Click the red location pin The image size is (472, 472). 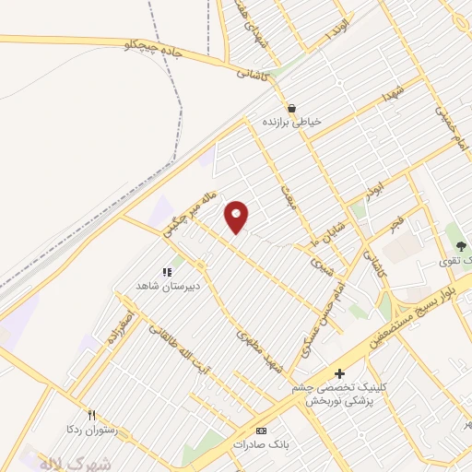[237, 217]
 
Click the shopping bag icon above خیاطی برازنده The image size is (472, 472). [291, 107]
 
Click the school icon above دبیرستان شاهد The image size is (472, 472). [168, 272]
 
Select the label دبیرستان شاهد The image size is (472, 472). [168, 286]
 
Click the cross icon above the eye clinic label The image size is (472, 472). [340, 373]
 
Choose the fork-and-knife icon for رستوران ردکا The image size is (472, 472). [91, 414]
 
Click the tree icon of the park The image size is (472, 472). [458, 246]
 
